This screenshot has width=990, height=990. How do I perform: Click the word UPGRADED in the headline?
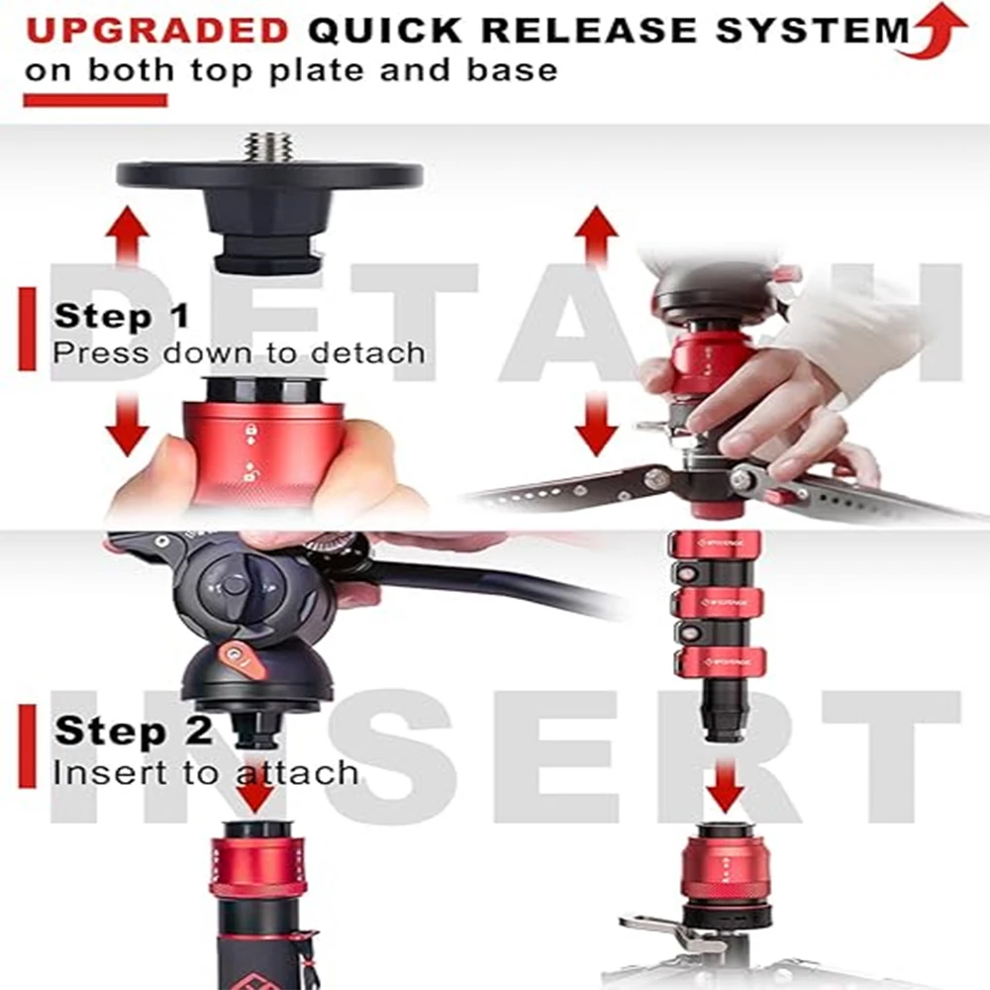[x=157, y=31]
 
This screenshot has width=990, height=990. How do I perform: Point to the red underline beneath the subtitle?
[x=95, y=100]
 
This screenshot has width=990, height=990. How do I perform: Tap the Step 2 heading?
[x=133, y=731]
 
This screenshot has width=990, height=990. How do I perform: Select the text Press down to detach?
[x=239, y=351]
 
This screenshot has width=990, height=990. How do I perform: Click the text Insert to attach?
[x=206, y=771]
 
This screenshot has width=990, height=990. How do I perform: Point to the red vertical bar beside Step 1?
[x=27, y=329]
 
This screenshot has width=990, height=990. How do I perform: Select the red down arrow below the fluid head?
[x=256, y=789]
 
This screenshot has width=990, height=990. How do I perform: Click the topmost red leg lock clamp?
[x=716, y=544]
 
